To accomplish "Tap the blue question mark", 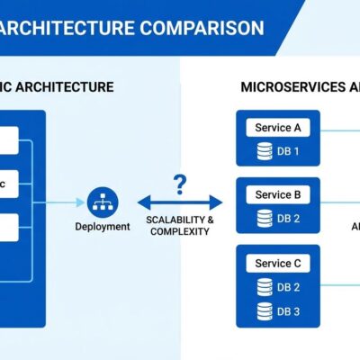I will tap(180, 184).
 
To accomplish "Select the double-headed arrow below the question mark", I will tap(179, 203).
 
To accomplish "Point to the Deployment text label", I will tap(102, 227).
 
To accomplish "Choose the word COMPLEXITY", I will tap(179, 231).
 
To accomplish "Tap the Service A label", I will tap(278, 128).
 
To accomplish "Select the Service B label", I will tap(278, 194).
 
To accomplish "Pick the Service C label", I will tap(278, 264).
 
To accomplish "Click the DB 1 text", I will tap(288, 150).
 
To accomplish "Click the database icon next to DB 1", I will tap(265, 150).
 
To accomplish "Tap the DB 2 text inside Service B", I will tap(288, 218).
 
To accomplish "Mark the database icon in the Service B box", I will tap(265, 218).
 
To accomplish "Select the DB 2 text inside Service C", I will tap(288, 287).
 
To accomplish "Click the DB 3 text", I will tap(288, 311).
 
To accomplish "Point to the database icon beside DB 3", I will tap(265, 311).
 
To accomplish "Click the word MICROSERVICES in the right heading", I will tap(290, 87).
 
